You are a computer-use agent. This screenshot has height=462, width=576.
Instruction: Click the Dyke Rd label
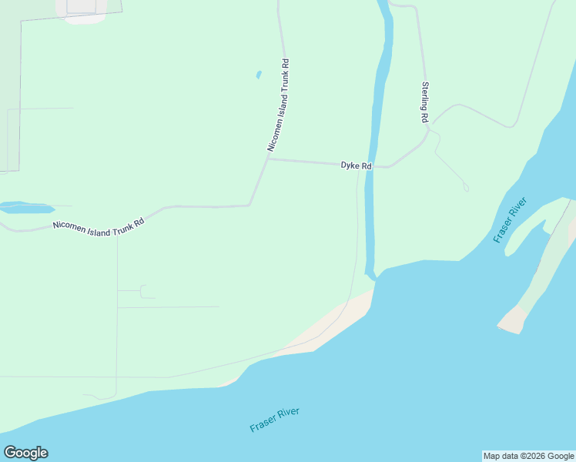[357, 166]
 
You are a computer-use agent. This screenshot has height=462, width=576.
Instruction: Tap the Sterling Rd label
[424, 103]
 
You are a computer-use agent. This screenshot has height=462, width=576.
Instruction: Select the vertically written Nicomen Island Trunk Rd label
[278, 105]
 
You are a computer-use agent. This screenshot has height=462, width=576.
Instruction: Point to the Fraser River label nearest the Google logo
[274, 420]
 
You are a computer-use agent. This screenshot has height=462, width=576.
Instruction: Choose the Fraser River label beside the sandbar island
[511, 220]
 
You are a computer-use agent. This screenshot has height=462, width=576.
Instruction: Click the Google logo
[25, 453]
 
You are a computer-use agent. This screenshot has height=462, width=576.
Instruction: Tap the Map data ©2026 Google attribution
[528, 456]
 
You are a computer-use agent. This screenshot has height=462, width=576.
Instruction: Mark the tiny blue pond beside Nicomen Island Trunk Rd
[258, 75]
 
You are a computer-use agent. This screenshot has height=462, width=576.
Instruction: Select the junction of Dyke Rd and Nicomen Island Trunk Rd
[268, 159]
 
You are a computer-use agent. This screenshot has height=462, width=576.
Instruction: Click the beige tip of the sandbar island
[511, 320]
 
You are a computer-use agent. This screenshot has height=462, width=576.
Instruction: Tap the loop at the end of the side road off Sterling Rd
[466, 188]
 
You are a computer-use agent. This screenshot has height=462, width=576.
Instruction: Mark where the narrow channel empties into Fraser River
[371, 276]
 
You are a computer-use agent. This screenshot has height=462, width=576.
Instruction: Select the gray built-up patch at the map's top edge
[85, 9]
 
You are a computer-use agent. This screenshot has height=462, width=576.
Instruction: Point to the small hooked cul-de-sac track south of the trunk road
[144, 291]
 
